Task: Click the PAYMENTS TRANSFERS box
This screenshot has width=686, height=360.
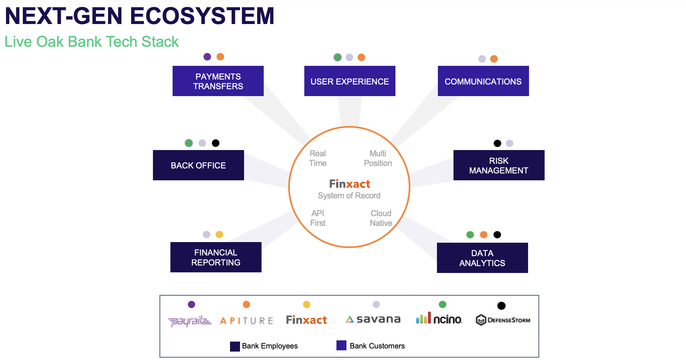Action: point(218,81)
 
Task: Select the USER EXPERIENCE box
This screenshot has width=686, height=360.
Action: point(350,81)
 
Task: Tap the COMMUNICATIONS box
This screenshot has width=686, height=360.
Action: point(483,81)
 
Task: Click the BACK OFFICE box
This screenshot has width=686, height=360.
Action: point(198,165)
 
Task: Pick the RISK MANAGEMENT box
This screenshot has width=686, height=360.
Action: point(499,165)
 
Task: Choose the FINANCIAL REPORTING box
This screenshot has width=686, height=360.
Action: point(216,257)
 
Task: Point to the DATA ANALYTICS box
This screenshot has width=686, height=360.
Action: point(482,258)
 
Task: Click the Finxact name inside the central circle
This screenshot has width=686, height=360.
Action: point(350,184)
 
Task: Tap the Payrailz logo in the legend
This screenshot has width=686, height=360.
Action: point(189,321)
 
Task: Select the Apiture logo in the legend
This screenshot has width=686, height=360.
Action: point(247,321)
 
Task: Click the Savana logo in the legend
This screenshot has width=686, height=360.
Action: point(373,319)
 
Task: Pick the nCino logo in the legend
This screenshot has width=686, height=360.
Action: point(439,319)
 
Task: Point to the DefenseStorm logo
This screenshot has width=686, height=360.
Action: point(503,320)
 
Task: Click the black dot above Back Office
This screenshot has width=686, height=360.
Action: point(216,143)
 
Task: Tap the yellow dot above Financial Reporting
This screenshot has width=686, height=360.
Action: point(219,235)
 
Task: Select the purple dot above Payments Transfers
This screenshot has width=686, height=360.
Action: point(207,57)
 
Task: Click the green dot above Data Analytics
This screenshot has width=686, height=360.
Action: point(470,235)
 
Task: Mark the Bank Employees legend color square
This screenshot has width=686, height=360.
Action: point(235,346)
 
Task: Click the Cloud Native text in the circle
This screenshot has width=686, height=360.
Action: point(381,218)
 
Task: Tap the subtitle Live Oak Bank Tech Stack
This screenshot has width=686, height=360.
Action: point(91,42)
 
